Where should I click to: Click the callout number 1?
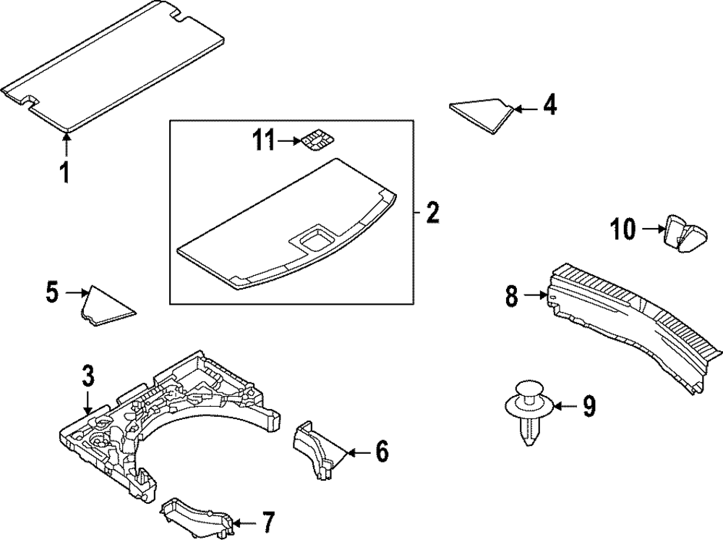click(x=64, y=173)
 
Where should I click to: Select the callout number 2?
click(x=432, y=214)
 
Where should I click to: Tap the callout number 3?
click(x=87, y=376)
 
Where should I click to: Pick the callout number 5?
click(x=52, y=292)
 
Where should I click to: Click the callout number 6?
click(x=381, y=452)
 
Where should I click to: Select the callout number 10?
click(x=623, y=230)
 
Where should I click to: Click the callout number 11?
click(x=265, y=140)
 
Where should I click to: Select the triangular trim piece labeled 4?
click(x=481, y=112)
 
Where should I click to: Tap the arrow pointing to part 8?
click(x=535, y=295)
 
